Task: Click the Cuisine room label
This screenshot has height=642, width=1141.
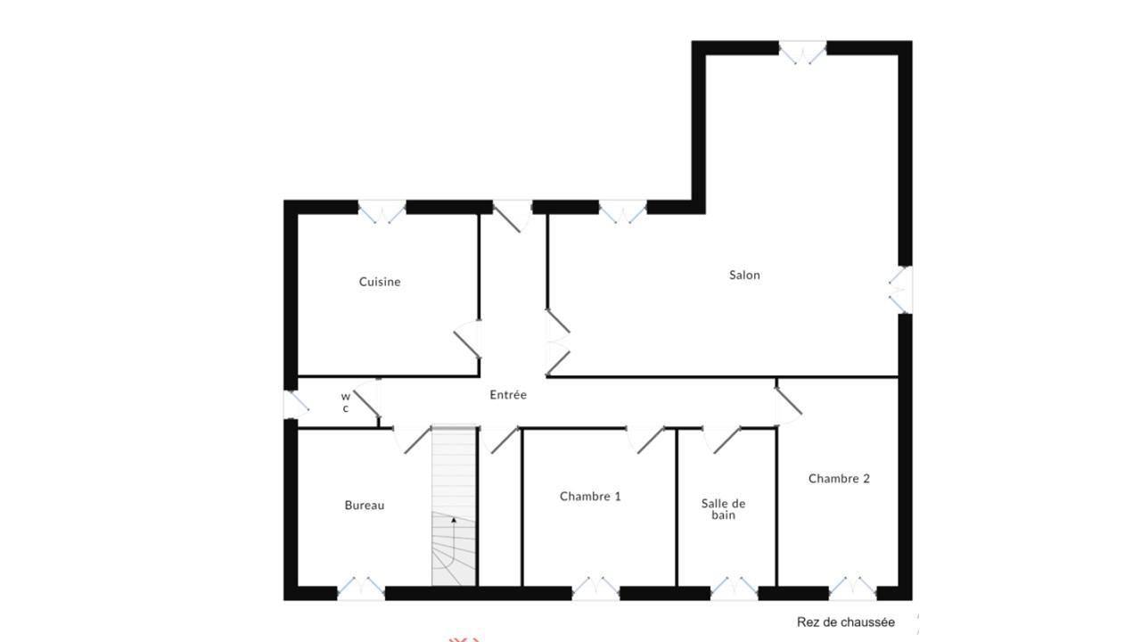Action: (380, 282)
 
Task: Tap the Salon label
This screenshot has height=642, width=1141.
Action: (744, 276)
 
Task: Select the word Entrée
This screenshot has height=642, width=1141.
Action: (508, 394)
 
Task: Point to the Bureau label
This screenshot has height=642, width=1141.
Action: (365, 505)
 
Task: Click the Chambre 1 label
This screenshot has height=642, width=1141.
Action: (590, 497)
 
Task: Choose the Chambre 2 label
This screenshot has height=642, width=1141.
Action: (839, 479)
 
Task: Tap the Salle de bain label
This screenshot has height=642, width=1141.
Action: (723, 509)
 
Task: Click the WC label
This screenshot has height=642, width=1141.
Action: (346, 402)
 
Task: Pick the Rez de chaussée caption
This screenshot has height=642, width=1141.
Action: (846, 622)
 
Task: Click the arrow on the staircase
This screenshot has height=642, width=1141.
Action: (454, 520)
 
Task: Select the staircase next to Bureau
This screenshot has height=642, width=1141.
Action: (454, 506)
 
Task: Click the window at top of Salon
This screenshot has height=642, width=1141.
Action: (803, 52)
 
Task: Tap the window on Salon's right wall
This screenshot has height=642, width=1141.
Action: (900, 290)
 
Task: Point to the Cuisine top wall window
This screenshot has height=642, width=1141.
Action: (382, 212)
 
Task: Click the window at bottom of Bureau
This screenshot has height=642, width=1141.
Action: (361, 588)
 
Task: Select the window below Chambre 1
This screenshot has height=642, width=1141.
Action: (596, 588)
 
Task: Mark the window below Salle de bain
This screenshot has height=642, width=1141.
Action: (734, 588)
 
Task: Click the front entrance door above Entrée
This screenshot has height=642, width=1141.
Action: (513, 216)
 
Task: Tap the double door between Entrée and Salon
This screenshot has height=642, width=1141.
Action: (557, 343)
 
